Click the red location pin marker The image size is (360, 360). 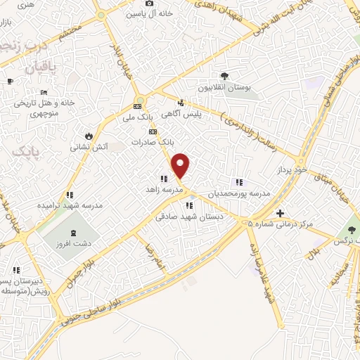181,165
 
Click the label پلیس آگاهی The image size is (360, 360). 182,112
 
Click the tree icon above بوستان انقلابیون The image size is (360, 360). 224,75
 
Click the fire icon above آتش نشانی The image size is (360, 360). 89,136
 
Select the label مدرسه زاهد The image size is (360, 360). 164,190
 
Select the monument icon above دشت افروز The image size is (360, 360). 75,233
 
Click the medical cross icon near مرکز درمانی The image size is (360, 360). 280,213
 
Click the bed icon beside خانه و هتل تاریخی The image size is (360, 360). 44,92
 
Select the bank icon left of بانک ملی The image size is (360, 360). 136,108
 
